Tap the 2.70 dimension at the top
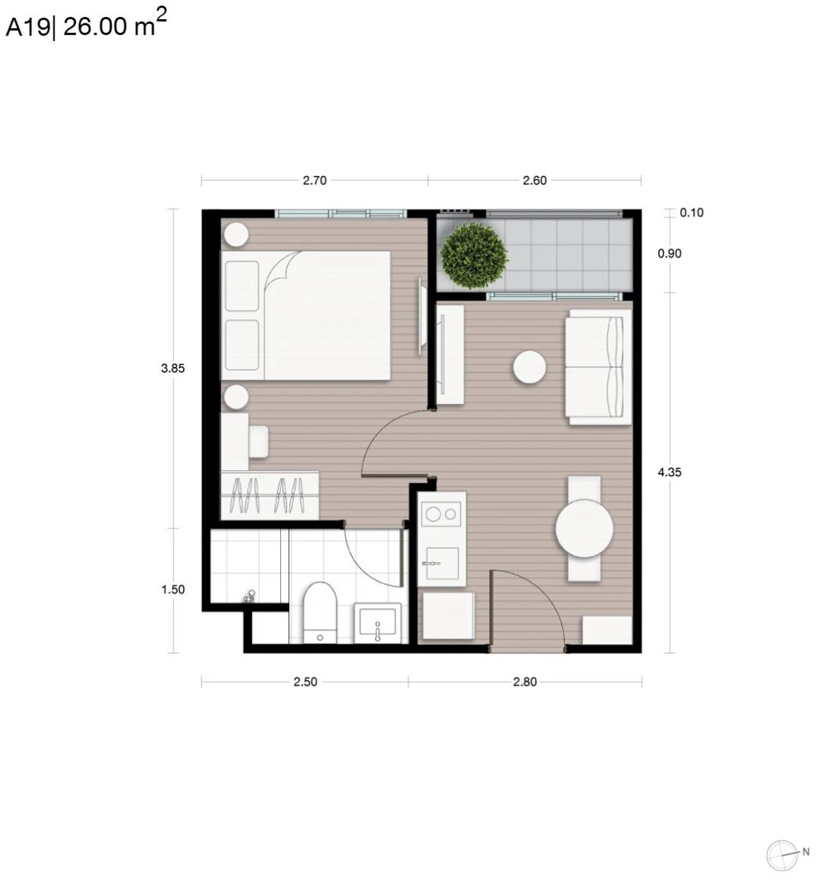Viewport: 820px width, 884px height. [314, 181]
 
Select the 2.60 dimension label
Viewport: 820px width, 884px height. [534, 181]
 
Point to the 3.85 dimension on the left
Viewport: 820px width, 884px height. [173, 369]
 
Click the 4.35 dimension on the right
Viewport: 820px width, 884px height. [670, 472]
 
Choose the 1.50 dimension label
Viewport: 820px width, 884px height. [173, 590]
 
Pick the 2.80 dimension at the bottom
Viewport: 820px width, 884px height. [525, 682]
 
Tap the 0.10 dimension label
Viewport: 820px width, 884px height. [692, 213]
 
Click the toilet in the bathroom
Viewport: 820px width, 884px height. [320, 612]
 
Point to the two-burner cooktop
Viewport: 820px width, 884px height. [441, 514]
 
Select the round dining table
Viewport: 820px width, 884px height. [584, 529]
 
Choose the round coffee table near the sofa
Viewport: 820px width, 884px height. [530, 367]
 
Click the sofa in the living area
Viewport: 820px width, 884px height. [597, 367]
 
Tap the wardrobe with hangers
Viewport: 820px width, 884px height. [270, 495]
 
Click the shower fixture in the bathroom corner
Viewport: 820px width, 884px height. [249, 596]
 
